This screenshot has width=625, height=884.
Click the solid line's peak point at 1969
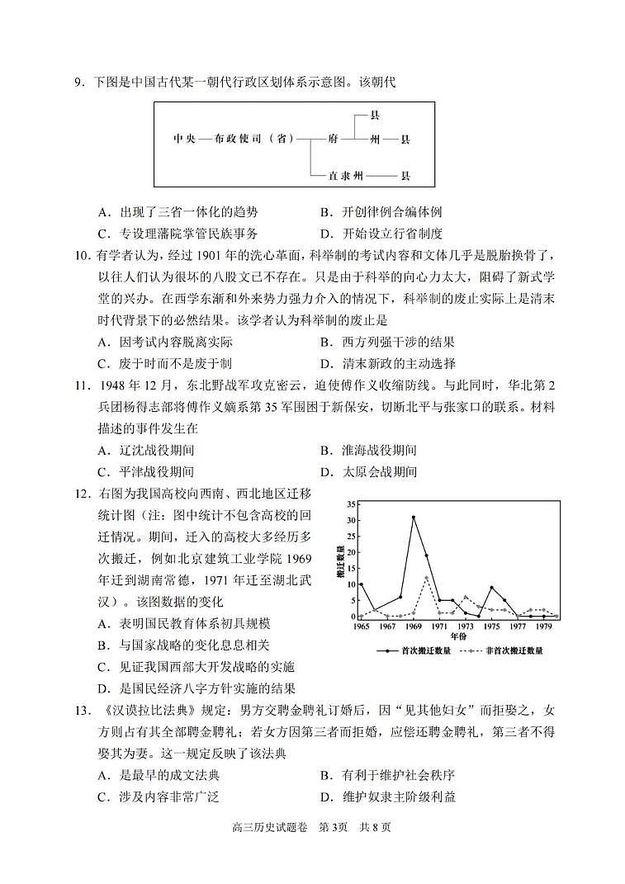(x=414, y=518)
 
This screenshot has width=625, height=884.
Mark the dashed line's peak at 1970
(x=426, y=577)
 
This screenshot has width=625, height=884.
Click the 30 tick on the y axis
(x=351, y=520)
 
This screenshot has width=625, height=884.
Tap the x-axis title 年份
(x=458, y=637)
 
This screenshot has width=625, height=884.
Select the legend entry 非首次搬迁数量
(x=514, y=651)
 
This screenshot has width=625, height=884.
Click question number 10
(x=83, y=256)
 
